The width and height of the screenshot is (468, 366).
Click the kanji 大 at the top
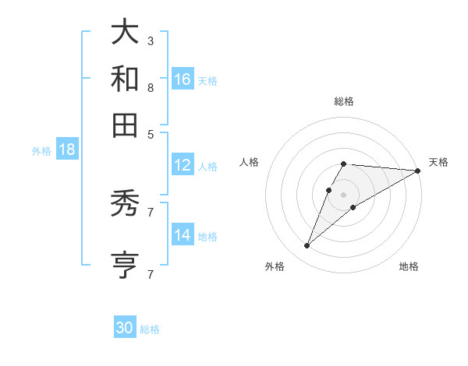(x=126, y=33)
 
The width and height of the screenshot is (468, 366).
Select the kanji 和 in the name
(x=126, y=79)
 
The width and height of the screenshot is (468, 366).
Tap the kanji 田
(x=126, y=125)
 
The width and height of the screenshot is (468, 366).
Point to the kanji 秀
(x=126, y=205)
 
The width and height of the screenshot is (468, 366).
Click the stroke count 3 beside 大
(x=151, y=40)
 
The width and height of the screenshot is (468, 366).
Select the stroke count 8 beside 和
(x=151, y=87)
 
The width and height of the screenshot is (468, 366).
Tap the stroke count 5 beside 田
(x=151, y=133)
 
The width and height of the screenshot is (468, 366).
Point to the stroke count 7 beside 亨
(x=151, y=274)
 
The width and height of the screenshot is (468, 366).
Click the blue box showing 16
(x=183, y=79)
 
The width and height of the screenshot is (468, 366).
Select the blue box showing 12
(x=183, y=165)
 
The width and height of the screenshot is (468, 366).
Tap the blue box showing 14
(x=183, y=235)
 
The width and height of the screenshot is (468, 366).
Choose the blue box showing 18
(x=67, y=150)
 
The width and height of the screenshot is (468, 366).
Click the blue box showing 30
(x=125, y=328)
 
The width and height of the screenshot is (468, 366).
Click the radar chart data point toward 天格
(x=418, y=171)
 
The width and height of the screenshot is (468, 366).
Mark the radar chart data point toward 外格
(x=307, y=246)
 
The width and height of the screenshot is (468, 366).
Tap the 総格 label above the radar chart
(x=344, y=101)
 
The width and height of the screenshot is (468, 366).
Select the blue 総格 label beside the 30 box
(x=150, y=329)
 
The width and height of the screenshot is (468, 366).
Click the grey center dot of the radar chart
(x=344, y=194)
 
